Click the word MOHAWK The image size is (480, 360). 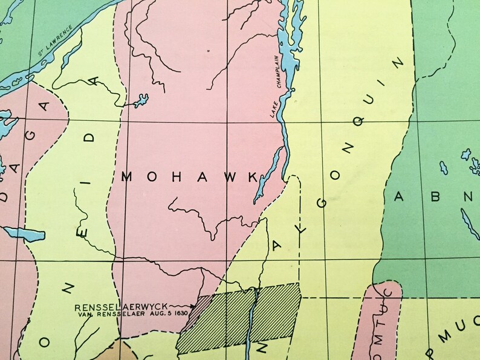tap(189, 176)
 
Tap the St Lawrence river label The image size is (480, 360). tap(55, 40)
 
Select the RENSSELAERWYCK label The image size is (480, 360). tap(121, 306)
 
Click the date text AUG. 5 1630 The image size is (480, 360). tap(173, 314)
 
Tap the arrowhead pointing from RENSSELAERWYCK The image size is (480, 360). tap(193, 307)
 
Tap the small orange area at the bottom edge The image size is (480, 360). tap(118, 350)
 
